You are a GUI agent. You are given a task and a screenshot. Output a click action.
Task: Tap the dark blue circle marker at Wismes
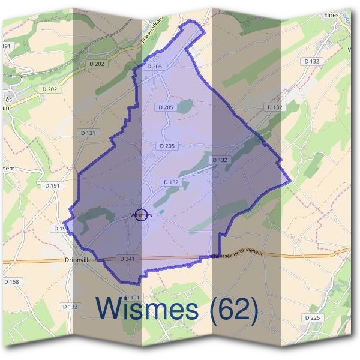click(141, 214)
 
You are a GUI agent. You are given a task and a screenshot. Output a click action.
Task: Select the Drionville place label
click(80, 260)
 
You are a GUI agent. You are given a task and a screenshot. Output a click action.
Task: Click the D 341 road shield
click(127, 259)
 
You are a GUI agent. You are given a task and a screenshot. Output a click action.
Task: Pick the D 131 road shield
click(86, 133)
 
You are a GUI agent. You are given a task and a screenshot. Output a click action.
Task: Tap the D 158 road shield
click(11, 281)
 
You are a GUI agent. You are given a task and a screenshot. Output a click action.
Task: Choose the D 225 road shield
click(312, 317)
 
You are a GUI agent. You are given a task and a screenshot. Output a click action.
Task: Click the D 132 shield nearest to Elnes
click(312, 61)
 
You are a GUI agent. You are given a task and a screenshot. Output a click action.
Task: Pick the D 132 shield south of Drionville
click(70, 307)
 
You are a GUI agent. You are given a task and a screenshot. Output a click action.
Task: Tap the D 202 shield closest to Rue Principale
click(95, 64)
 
